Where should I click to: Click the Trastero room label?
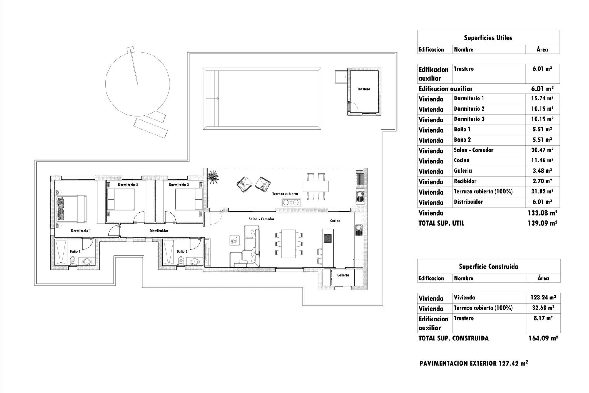[x=364, y=89]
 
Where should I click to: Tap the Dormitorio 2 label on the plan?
[x=128, y=185]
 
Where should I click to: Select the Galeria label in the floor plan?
[x=343, y=275]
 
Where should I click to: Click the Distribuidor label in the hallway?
[x=159, y=231]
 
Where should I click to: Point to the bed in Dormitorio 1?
[x=72, y=208]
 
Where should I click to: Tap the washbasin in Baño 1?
[x=88, y=262]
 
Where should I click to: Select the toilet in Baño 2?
[x=182, y=260]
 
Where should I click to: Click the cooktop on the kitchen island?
[x=328, y=238]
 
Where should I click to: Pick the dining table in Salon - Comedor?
[x=288, y=243]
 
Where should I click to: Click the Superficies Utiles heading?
[x=488, y=38]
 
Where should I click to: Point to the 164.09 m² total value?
[x=543, y=338]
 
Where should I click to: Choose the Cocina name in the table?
[x=462, y=161]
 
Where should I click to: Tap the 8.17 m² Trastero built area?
[x=543, y=318]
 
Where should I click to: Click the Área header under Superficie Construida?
[x=543, y=278]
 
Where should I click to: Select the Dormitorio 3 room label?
[x=179, y=185]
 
